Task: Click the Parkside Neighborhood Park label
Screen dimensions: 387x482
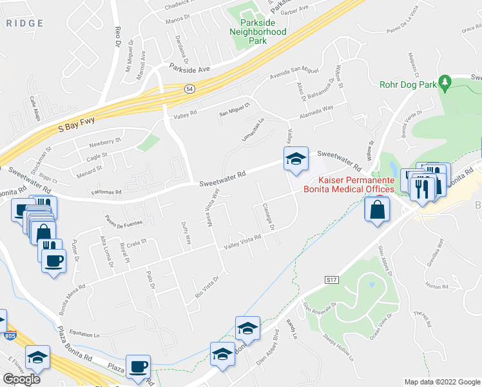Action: [x=258, y=32]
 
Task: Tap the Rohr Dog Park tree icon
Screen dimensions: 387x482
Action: [x=445, y=83]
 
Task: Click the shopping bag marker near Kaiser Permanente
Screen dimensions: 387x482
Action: [x=377, y=208]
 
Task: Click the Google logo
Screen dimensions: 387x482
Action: [x=22, y=379]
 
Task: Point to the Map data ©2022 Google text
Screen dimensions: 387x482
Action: [x=441, y=382]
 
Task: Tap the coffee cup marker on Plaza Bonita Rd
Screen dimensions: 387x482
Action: [x=139, y=366]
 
